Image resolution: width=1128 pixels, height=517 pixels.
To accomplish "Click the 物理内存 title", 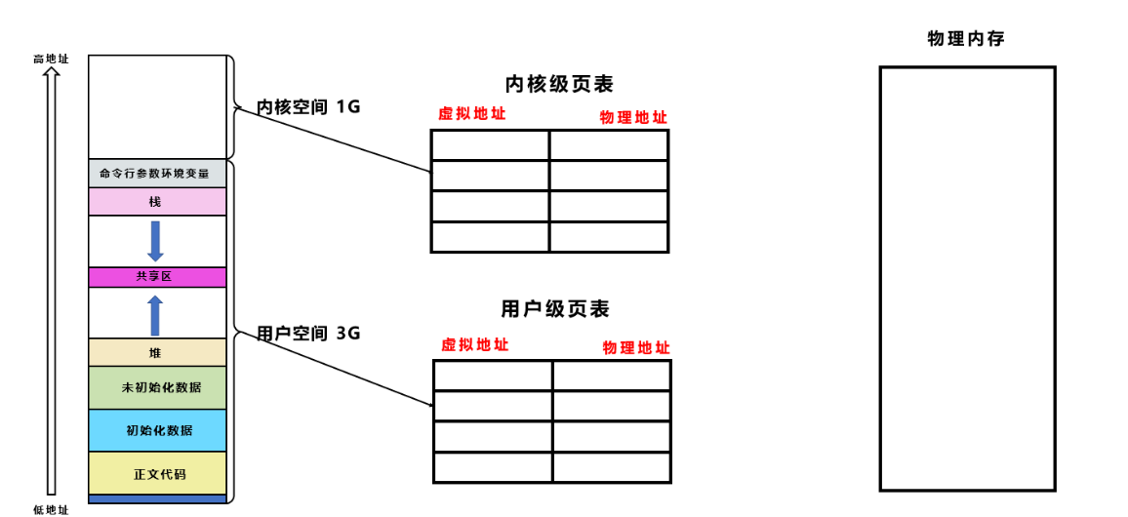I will (966, 39).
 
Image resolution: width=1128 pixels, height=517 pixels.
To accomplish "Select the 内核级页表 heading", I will (559, 84).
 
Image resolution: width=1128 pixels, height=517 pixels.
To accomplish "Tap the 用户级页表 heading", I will (555, 309).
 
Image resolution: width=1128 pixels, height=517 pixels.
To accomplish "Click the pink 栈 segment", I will (156, 202).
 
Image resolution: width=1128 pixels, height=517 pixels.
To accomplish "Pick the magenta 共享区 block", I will (156, 277).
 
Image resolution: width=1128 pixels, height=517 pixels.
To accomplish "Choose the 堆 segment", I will (156, 352).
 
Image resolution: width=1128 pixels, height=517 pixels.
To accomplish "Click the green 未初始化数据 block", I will (156, 387).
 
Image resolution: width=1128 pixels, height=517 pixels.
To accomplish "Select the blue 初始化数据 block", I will (156, 430).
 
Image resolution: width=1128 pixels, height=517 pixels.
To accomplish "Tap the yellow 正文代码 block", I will (156, 474).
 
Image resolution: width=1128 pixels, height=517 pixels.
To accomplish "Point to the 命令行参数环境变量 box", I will (156, 174).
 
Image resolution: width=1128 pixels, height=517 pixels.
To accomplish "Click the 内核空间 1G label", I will (308, 106).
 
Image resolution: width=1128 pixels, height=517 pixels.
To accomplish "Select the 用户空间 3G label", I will (308, 333).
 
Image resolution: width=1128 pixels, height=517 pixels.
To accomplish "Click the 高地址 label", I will (51, 59).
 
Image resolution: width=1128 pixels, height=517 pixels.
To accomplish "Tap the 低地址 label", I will (51, 509).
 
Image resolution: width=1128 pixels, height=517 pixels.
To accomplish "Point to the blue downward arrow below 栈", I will (155, 241).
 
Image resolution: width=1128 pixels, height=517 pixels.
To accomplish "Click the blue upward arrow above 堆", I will (155, 315).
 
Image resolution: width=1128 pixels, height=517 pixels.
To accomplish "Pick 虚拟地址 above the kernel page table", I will (472, 113).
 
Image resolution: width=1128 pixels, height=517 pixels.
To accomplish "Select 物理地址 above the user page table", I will (636, 347).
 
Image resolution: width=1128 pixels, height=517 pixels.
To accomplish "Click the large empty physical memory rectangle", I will (967, 278).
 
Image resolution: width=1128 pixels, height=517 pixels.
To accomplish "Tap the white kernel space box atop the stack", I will (156, 106).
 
